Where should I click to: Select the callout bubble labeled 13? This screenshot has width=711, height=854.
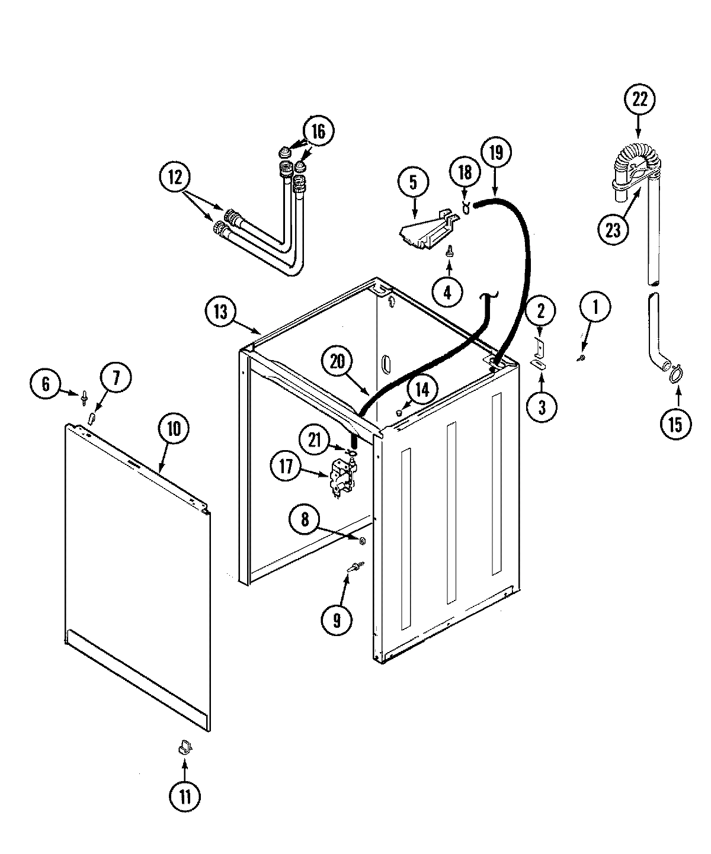point(220,312)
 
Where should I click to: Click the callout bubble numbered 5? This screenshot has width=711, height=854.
point(413,182)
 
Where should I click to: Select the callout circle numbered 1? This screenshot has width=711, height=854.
point(595,308)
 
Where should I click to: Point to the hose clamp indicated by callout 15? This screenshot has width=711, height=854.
point(671,373)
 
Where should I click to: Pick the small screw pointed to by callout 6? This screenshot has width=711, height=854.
point(86,394)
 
